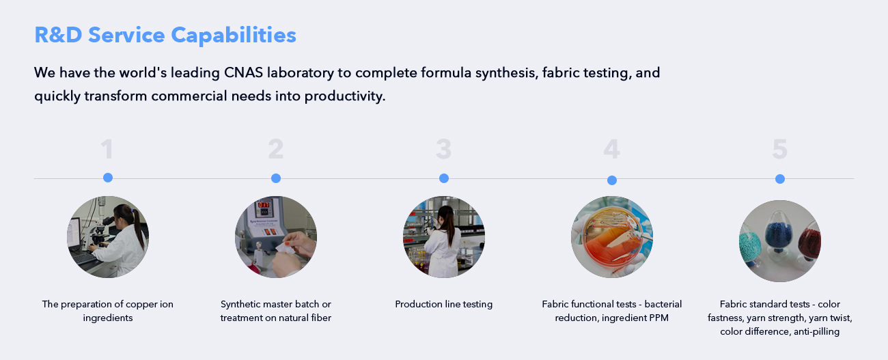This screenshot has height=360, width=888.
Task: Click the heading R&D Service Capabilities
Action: (x=165, y=35)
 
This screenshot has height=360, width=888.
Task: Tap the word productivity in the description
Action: (x=344, y=96)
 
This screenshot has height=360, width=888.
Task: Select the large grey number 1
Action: (x=107, y=149)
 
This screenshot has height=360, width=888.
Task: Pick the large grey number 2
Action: (x=275, y=149)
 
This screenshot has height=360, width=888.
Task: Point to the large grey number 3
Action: (x=443, y=149)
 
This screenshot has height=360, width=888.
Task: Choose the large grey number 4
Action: (x=611, y=149)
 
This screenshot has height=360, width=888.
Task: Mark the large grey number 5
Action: (x=780, y=149)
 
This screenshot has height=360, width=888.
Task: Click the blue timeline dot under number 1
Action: (x=108, y=178)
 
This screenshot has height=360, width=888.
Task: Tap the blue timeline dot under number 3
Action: (x=444, y=178)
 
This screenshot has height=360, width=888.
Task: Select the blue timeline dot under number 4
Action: (x=612, y=180)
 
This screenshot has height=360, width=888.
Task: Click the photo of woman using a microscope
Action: (x=108, y=236)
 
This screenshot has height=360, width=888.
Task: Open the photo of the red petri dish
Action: (x=612, y=236)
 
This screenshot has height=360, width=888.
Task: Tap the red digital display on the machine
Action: (x=264, y=204)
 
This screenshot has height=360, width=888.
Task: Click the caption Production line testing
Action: (x=443, y=304)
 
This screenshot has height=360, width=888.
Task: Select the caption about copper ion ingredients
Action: (x=108, y=311)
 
